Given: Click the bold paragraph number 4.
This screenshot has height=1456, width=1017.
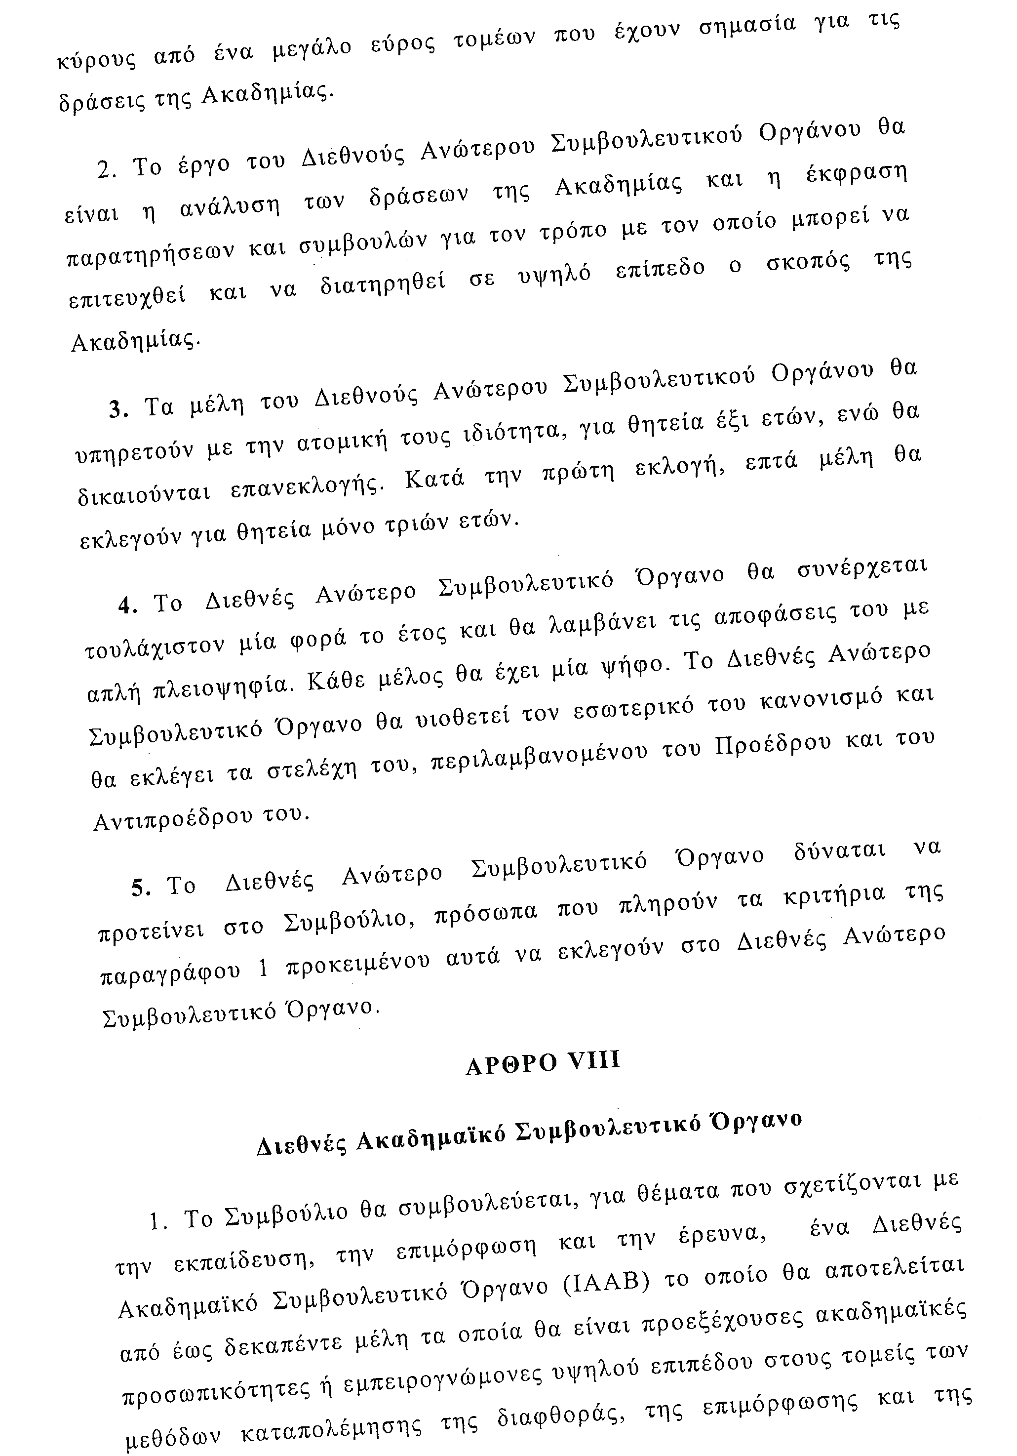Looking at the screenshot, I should (127, 606).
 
